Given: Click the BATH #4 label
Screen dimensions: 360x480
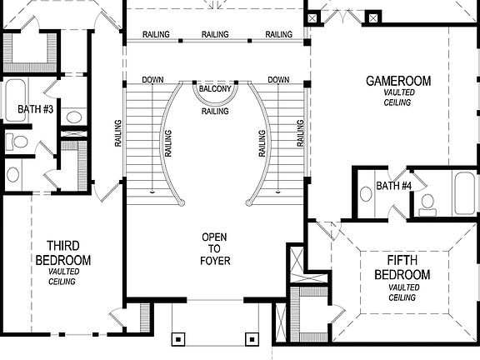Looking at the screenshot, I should [393, 185].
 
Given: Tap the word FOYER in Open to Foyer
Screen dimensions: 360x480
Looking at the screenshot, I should [215, 261].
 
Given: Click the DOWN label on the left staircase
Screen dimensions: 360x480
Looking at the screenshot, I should [152, 80].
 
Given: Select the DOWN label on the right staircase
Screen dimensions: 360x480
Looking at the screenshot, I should [279, 80].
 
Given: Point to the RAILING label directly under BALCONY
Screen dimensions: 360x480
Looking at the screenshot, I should [216, 111].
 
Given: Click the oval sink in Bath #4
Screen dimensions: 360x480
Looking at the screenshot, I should [366, 193].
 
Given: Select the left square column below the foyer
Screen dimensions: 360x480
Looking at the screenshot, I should [177, 339].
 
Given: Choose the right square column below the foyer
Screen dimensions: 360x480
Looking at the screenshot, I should [252, 339].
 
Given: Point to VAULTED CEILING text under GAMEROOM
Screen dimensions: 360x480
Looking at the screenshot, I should [397, 97].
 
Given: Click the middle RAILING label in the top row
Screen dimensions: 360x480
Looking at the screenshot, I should [215, 34].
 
